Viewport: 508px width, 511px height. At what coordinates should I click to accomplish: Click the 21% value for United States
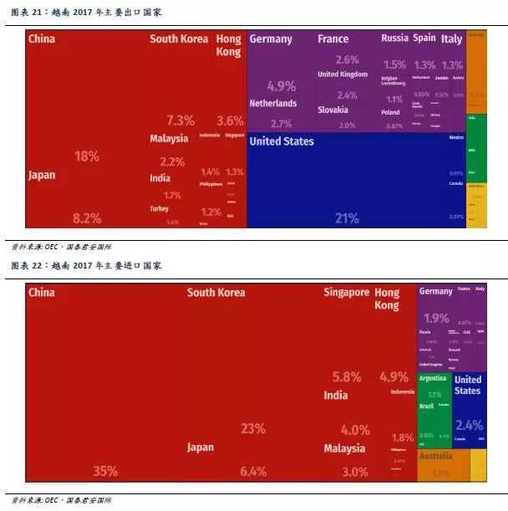346,218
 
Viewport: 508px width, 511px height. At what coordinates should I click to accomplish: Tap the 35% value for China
105,471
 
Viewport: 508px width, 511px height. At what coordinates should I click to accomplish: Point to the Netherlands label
272,103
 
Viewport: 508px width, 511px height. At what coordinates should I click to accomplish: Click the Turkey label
160,208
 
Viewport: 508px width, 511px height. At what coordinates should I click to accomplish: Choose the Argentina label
434,378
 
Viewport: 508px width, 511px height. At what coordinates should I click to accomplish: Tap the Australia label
435,456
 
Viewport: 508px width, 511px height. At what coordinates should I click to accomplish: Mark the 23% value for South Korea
253,428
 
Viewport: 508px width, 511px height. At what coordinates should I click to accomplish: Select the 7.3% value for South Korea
180,120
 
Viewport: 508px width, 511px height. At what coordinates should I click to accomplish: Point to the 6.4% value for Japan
252,471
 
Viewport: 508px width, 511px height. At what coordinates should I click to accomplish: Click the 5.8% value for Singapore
346,377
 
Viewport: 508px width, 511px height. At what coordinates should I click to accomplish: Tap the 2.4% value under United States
470,424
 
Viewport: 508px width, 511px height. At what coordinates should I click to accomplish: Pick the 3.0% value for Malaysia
354,472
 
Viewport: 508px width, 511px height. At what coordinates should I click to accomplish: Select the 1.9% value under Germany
436,318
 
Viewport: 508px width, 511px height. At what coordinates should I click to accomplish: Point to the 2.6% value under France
347,59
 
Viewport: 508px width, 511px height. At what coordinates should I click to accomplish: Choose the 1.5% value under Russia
394,64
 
